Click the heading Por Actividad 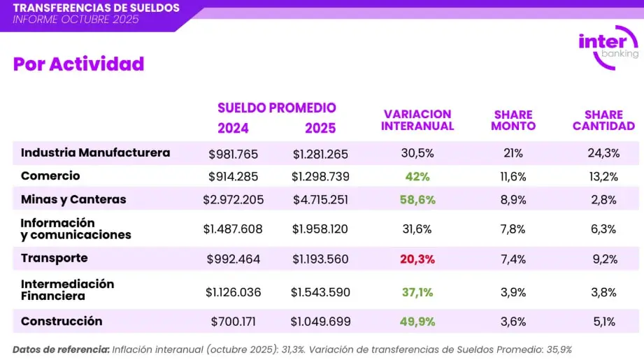click(x=78, y=64)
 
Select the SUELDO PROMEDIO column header click(x=277, y=108)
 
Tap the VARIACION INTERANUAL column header click(x=417, y=120)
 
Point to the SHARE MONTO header click(x=513, y=120)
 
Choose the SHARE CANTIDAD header click(x=603, y=120)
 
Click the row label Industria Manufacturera click(x=95, y=152)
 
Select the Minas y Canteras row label click(x=73, y=199)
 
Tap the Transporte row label click(x=55, y=258)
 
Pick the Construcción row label click(x=62, y=322)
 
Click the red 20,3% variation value click(x=417, y=259)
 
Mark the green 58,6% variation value click(x=417, y=200)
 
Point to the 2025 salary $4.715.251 click(x=320, y=200)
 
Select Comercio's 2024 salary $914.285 click(x=234, y=176)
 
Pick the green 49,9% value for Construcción click(x=417, y=322)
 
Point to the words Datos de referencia click(x=60, y=349)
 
